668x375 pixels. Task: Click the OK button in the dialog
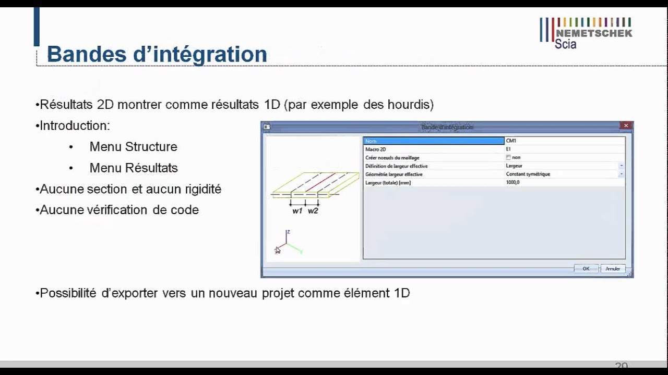[586, 269]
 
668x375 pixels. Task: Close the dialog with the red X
[626, 126]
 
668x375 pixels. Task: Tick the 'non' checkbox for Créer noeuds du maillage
[508, 157]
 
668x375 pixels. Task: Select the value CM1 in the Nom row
[511, 141]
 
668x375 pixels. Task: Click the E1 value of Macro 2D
[509, 149]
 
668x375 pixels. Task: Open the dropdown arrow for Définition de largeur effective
[621, 166]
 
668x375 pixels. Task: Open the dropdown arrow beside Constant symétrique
[621, 174]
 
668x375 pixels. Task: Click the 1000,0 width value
[513, 183]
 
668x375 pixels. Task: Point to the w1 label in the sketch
[297, 211]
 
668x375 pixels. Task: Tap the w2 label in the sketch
[313, 211]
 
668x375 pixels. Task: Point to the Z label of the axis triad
[288, 232]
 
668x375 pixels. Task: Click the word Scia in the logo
[565, 44]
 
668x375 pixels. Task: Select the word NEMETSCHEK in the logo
[593, 33]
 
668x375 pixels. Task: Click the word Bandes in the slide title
[83, 55]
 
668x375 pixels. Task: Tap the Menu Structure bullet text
[133, 147]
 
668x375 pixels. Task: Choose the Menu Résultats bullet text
[134, 168]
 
